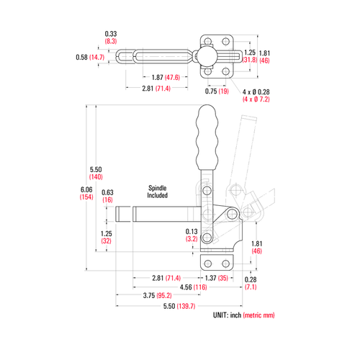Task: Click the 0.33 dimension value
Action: point(111,34)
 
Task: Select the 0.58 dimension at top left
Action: point(81,57)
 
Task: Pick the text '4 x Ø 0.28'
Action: point(256,91)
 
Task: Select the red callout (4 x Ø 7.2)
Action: point(257,99)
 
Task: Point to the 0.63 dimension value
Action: point(107,192)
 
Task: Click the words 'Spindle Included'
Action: point(157,190)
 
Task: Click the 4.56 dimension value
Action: point(184,287)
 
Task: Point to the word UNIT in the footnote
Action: point(220,315)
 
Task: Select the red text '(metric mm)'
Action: point(258,315)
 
